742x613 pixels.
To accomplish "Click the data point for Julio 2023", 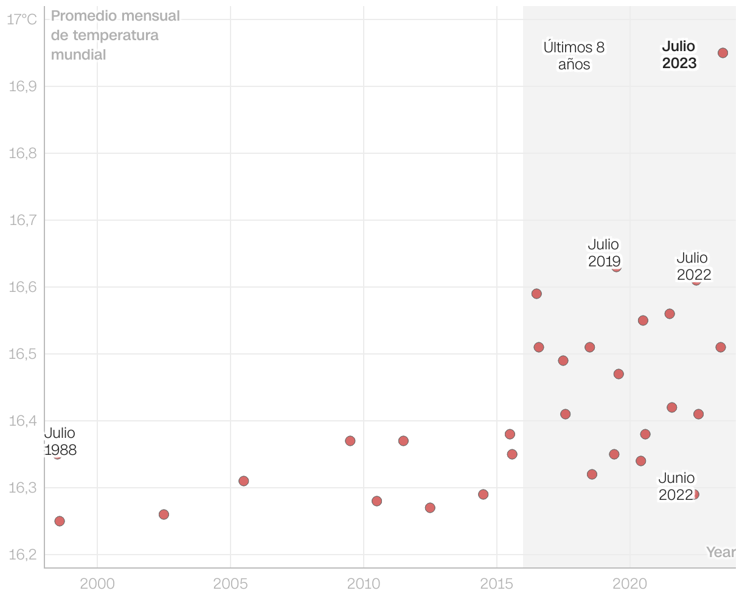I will (x=723, y=53).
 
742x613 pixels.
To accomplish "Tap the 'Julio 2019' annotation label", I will (x=604, y=253).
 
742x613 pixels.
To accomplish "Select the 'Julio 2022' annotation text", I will (x=693, y=266).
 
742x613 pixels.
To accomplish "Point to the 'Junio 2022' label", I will (x=676, y=487).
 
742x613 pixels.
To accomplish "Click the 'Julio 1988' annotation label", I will (x=60, y=442).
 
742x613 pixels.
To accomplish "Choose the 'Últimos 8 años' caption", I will (x=574, y=56).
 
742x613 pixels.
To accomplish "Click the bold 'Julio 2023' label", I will (x=679, y=55).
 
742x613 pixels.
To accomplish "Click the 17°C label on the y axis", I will (x=22, y=20).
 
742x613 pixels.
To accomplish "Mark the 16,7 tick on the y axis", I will (x=23, y=220).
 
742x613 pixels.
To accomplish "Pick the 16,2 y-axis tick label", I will (x=23, y=555).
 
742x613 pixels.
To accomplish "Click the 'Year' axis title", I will (x=721, y=552).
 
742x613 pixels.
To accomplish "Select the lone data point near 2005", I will (x=244, y=481).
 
